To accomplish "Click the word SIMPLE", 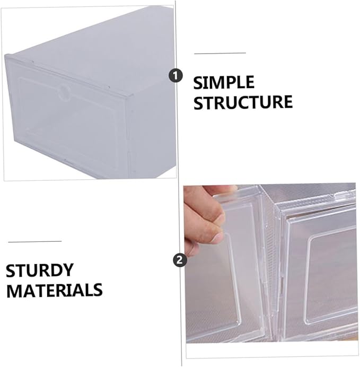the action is click(224, 82).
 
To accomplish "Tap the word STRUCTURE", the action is click(243, 102).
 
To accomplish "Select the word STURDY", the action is click(40, 270).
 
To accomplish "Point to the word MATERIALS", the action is click(55, 290).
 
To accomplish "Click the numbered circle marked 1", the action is click(175, 76).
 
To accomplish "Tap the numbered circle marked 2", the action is click(180, 260).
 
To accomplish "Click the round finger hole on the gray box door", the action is click(64, 92).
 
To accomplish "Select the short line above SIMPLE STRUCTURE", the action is click(220, 53).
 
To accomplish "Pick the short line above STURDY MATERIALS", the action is click(35, 241).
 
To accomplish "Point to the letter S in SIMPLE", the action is click(198, 83).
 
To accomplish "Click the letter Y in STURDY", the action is click(68, 270).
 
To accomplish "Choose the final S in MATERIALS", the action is click(98, 290).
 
